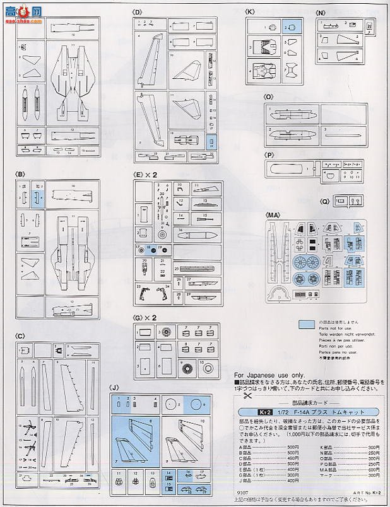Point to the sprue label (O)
[268, 97]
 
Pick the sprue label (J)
[114, 388]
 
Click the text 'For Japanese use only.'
[264, 375]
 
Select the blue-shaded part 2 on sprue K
[291, 27]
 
